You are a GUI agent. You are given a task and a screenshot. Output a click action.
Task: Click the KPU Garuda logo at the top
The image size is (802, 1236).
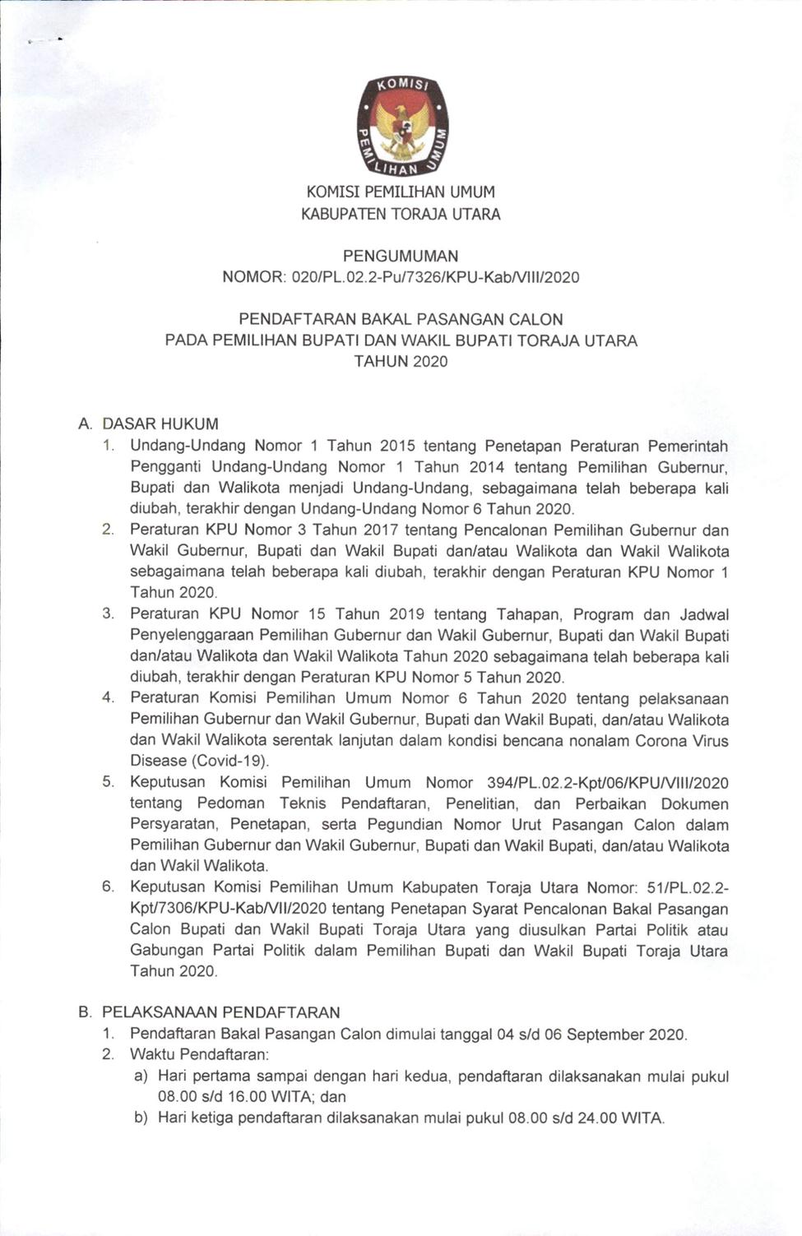(401, 127)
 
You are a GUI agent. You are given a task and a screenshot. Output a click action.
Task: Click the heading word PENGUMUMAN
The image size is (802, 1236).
(401, 256)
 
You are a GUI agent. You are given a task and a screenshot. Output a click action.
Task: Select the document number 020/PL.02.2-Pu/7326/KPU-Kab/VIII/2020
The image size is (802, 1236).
(435, 277)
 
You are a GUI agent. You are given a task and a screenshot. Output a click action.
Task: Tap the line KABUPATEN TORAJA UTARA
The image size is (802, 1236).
(401, 214)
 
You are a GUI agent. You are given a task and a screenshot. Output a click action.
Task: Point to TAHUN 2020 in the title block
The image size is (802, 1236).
(401, 361)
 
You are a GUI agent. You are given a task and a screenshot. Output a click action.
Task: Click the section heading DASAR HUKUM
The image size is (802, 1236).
(160, 424)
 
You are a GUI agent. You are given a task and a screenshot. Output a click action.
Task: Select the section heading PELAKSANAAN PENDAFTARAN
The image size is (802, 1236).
(220, 1012)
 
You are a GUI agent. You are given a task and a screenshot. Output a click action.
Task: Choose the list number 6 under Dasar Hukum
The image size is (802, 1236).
(108, 886)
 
